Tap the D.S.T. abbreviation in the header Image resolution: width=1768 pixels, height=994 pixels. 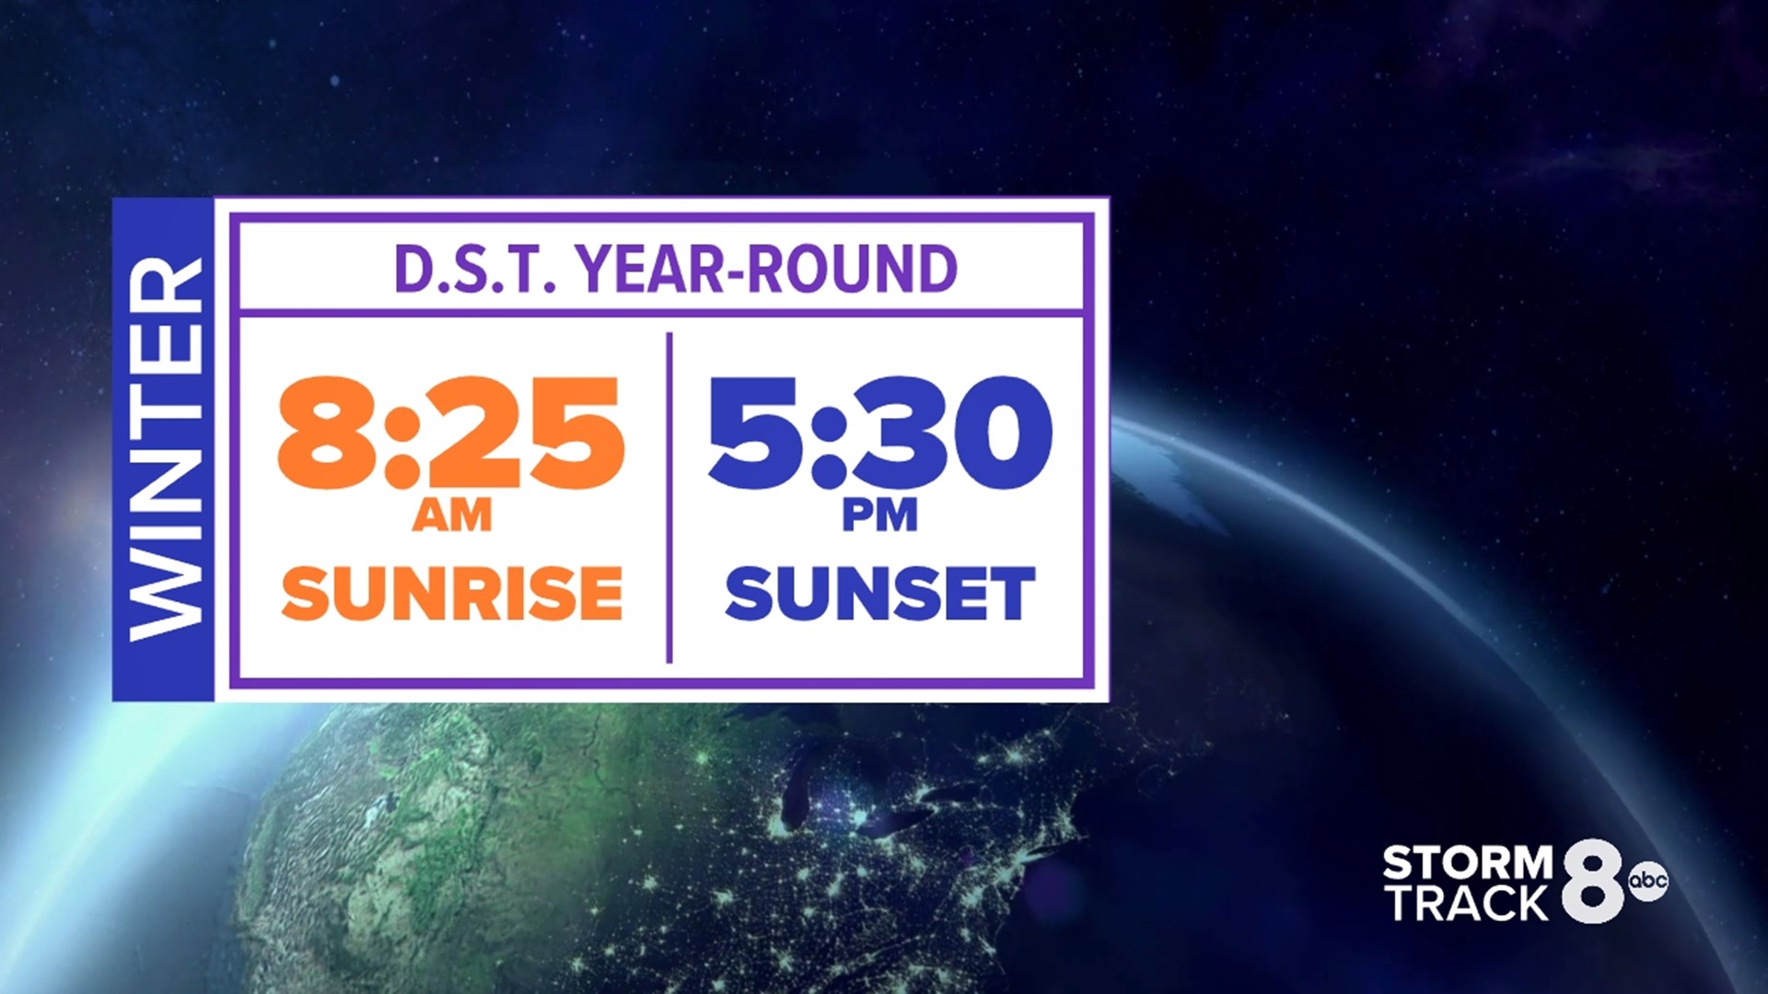pyautogui.click(x=475, y=270)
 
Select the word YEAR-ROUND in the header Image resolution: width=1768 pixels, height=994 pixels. pyautogui.click(x=767, y=270)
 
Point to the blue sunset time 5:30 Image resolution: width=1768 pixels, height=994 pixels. pyautogui.click(x=879, y=432)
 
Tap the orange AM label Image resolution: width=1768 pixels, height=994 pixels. pyautogui.click(x=452, y=515)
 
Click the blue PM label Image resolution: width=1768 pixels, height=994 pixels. pyautogui.click(x=880, y=515)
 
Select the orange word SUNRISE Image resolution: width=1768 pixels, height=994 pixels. pyautogui.click(x=452, y=594)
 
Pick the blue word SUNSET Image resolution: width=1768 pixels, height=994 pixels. pyautogui.click(x=880, y=594)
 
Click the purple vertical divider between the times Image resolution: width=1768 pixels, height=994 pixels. pyautogui.click(x=669, y=497)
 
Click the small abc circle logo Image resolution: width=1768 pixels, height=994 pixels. pyautogui.click(x=1648, y=881)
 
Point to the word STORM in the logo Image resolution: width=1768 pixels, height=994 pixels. pyautogui.click(x=1468, y=863)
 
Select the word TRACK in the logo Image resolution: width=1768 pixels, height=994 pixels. pyautogui.click(x=1468, y=904)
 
